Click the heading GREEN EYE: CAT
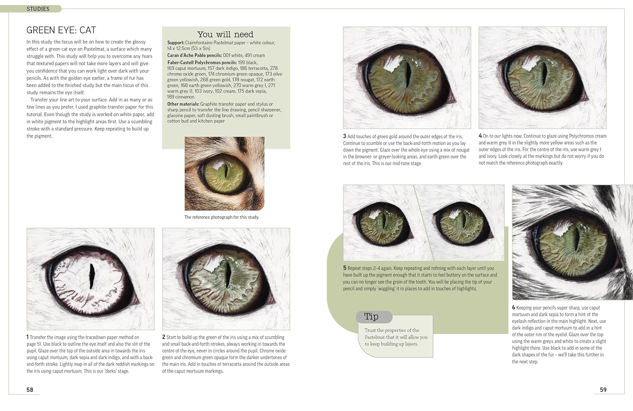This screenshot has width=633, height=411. point(61,30)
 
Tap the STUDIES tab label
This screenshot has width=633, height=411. point(38,9)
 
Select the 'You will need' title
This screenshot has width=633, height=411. point(225,35)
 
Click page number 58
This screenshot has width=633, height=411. point(30,390)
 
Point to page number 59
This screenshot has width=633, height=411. point(603,390)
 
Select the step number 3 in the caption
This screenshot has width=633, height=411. point(344,136)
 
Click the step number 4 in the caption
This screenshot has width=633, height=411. point(480,136)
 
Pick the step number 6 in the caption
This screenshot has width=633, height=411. point(514,308)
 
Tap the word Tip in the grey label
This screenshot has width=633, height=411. point(371,316)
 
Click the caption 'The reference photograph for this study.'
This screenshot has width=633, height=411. point(222,217)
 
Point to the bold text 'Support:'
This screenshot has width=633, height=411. point(176,43)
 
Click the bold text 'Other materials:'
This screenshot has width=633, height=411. point(183,104)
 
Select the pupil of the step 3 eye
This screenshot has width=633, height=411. point(408,75)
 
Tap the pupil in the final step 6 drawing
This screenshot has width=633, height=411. point(575,240)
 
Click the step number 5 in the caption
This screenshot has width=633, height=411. point(344,268)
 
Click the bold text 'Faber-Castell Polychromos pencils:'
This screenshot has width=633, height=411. point(202,63)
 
